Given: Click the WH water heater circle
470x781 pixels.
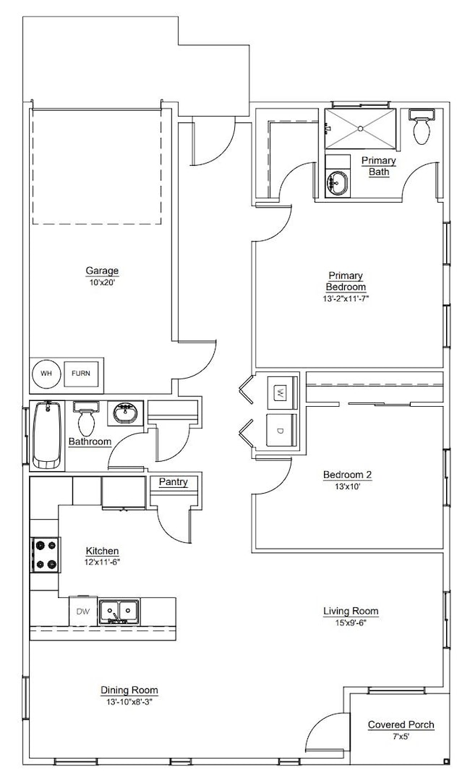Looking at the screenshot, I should tap(46, 374).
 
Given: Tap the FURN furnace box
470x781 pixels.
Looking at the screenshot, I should tap(82, 374).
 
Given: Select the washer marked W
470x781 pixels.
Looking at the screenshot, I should tap(281, 393).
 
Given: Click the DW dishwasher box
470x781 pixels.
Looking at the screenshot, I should tap(83, 612).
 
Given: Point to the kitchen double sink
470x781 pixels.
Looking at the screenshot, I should tap(119, 612).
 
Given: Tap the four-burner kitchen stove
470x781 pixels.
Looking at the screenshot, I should tap(45, 554).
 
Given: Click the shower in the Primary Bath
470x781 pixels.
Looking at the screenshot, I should tap(360, 129).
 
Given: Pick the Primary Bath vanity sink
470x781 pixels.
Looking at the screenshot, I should tap(337, 183).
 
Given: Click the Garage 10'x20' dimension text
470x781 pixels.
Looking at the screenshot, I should tap(102, 283).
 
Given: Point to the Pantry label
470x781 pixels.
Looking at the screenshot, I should tap(173, 482).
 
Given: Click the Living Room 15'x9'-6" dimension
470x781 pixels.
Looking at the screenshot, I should tap(350, 622).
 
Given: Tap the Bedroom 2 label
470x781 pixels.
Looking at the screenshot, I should tap(347, 475).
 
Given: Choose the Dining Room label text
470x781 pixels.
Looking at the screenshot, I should tap(129, 691).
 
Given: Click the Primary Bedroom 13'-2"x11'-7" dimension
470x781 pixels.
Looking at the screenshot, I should tap(345, 298).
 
